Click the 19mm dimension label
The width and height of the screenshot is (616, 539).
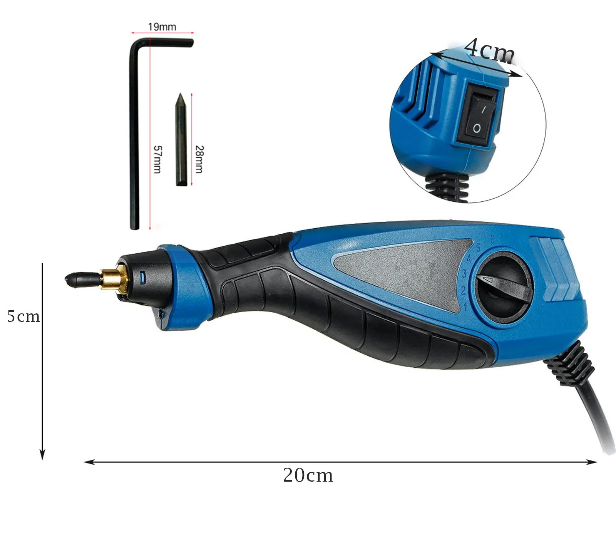point(162,27)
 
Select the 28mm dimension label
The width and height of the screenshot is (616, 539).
point(199,159)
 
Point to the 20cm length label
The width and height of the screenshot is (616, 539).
point(308,475)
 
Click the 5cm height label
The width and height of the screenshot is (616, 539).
point(23,316)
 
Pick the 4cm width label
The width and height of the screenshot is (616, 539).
point(489,50)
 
